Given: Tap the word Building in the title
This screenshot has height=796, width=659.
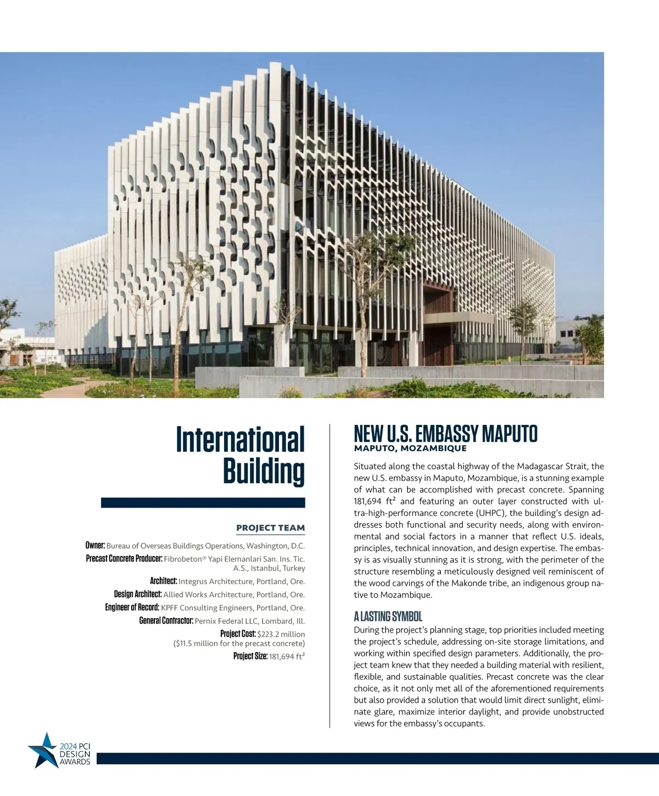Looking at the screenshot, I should click(x=264, y=471).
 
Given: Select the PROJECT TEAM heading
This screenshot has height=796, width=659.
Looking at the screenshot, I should click(x=270, y=528).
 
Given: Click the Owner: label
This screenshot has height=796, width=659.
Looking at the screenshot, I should click(x=95, y=546).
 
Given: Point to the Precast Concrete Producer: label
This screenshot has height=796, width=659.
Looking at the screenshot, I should click(x=124, y=559).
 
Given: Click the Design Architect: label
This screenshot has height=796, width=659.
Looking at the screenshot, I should click(x=138, y=595).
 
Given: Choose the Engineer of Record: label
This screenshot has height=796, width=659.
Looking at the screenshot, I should click(x=132, y=608).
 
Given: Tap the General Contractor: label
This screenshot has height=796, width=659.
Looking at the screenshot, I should click(x=166, y=621).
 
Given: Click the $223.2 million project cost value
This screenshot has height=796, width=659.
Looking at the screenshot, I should click(x=281, y=634).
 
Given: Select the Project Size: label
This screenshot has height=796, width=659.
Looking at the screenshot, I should click(x=250, y=657).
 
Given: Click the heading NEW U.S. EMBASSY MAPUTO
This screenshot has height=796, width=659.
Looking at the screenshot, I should click(x=445, y=434).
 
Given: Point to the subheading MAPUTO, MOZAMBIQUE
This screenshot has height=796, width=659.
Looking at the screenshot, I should click(x=410, y=449).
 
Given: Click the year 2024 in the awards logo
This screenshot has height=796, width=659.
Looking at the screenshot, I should click(x=69, y=747).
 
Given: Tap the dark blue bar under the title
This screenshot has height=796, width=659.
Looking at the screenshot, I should click(x=203, y=502).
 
